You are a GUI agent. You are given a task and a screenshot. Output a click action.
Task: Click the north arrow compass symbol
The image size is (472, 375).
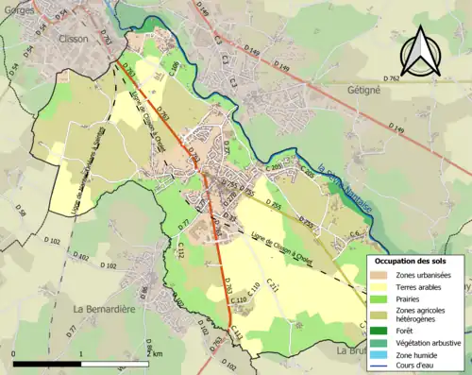point(418,51)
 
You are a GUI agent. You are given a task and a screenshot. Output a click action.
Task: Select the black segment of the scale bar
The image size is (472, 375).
point(47,363)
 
